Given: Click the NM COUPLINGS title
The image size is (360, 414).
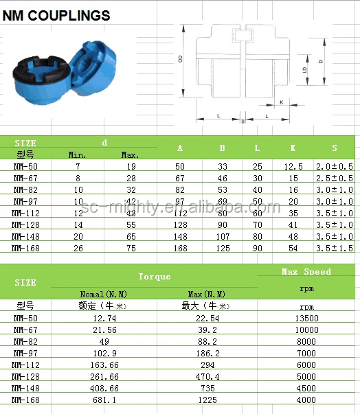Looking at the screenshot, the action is click(x=56, y=14).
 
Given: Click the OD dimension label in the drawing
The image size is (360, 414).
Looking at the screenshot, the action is click(x=180, y=60).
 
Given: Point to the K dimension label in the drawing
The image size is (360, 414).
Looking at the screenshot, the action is click(x=281, y=102).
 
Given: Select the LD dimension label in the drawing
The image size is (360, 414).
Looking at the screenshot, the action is click(x=304, y=69).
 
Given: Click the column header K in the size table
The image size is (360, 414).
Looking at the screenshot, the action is click(x=293, y=148).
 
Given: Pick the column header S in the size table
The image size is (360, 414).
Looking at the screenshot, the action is click(x=335, y=148).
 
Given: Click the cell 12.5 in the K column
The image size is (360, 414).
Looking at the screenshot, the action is click(x=293, y=167).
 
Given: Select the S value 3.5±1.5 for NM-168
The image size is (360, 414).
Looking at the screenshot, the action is click(x=335, y=248).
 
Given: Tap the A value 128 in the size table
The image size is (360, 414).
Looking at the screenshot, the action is click(x=180, y=225).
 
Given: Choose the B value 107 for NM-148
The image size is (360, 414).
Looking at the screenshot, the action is click(x=222, y=236).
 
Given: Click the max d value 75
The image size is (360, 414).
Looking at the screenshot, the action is click(x=130, y=248).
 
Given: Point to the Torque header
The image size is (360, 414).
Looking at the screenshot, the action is click(x=154, y=277).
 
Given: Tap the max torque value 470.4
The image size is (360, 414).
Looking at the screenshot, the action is click(x=207, y=376).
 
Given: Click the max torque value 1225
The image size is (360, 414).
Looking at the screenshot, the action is click(x=207, y=400).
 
